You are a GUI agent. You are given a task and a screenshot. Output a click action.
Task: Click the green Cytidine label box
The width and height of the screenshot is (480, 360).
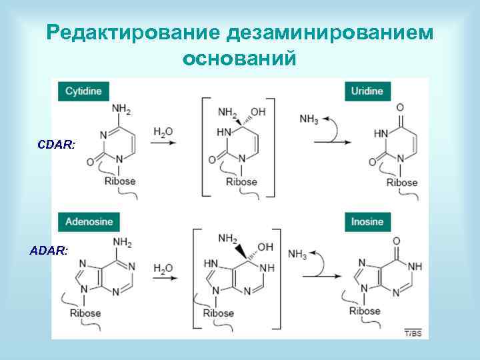coord(83,91)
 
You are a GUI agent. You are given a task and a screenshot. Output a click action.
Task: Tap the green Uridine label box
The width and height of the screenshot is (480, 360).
coord(367,91)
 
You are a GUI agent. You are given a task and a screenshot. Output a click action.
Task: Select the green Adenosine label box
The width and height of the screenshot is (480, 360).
coord(89,222)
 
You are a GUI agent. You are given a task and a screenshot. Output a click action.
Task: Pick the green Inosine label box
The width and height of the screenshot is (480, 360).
coord(367,222)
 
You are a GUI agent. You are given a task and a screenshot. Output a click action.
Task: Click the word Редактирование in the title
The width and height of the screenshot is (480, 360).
coord(133,33)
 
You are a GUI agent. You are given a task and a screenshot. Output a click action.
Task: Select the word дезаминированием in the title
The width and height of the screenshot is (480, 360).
coord(330,33)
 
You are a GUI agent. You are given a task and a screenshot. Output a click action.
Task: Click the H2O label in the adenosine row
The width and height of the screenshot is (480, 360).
coord(163,269)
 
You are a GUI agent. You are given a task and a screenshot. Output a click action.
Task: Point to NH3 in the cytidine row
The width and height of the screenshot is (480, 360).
coord(309,119)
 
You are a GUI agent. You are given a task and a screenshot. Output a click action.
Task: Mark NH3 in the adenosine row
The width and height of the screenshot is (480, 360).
coord(297,254)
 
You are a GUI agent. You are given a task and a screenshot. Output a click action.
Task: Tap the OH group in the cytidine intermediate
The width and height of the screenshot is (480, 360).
coord(257,111)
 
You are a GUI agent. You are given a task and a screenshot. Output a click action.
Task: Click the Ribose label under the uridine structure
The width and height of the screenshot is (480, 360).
coord(402,183)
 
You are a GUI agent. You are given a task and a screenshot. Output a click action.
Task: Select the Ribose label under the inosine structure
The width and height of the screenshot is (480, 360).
coord(365,311)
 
